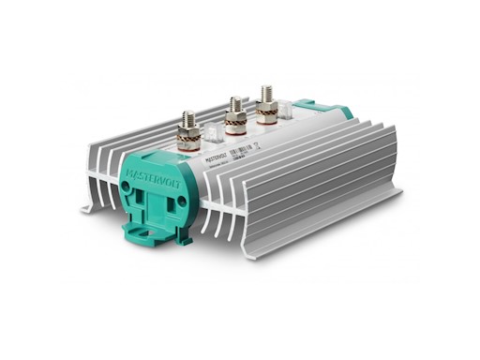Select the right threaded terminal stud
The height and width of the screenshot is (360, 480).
(x=266, y=95)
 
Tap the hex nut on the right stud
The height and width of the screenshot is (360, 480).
(x=267, y=105)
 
